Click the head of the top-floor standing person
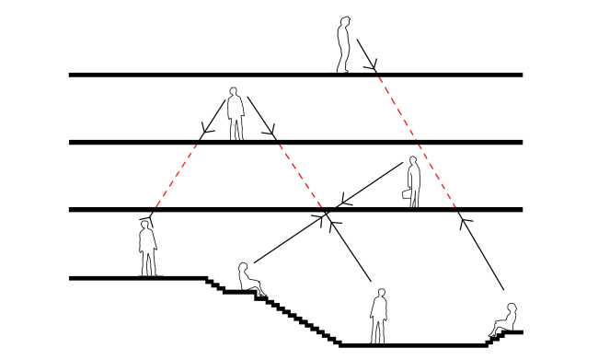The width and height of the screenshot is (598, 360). coord(345,22)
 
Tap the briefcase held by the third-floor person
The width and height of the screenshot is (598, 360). coord(407,194)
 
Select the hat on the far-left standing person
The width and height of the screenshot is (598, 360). coord(145,223)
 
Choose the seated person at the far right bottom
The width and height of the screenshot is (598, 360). coord(505,319)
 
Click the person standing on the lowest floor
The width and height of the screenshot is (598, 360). coord(378,317)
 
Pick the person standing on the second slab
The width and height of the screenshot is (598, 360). coord(236,114)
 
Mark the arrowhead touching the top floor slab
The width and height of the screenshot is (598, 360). coord(371,66)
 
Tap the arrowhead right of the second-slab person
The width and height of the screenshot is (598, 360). coord(269,131)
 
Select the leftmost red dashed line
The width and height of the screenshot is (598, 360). coord(175,176)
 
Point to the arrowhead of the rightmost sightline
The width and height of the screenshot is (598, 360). coord(466,222)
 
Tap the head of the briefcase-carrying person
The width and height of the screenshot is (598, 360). coord(414,163)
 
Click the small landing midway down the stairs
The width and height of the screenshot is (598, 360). coord(237,292)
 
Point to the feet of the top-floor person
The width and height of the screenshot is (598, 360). coord(343,70)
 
